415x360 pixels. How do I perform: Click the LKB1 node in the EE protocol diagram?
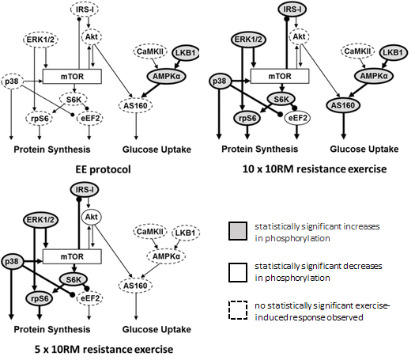click(x=186, y=52)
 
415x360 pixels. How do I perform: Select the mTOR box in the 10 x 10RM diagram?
click(x=280, y=76)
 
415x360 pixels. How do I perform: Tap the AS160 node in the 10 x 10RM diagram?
click(x=343, y=105)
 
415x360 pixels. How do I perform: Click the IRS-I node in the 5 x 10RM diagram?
click(x=85, y=190)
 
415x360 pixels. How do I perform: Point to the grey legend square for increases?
click(x=238, y=231)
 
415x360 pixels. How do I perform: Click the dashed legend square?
click(x=238, y=310)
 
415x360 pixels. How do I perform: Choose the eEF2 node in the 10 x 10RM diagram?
click(x=297, y=118)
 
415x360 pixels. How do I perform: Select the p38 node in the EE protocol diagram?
click(x=12, y=81)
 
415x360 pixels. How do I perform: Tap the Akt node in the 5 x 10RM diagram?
click(x=92, y=217)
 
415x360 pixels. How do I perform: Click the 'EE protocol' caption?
click(x=104, y=169)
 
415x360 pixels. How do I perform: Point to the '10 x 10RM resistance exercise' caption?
click(x=315, y=169)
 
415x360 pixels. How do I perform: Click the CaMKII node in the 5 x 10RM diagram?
click(x=150, y=232)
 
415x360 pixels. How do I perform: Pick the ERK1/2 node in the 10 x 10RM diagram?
click(x=248, y=40)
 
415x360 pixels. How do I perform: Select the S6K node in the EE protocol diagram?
click(x=74, y=100)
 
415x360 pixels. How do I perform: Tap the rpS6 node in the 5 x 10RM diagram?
click(x=40, y=298)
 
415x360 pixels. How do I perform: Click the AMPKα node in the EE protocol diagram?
click(x=167, y=76)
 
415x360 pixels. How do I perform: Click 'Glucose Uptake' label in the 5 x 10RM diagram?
click(x=157, y=329)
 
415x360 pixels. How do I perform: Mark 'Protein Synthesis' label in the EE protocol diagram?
click(x=52, y=150)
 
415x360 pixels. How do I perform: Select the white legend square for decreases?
click(x=238, y=272)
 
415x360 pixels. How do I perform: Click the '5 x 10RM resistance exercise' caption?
click(x=104, y=349)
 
